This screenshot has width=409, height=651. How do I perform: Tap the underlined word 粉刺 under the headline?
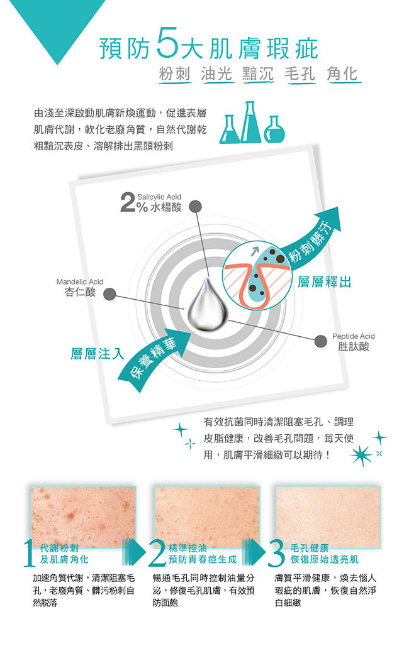174,74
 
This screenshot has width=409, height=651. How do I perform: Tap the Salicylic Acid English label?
159,197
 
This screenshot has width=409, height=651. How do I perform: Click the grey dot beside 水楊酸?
195,206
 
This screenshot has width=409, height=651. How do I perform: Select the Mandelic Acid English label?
80,282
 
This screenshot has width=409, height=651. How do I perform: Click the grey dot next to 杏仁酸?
109,294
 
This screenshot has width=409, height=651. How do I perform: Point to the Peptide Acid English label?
353,336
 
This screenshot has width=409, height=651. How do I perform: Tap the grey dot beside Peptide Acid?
320,341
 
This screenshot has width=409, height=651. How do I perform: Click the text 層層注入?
97,354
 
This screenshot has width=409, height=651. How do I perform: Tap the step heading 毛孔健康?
309,548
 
